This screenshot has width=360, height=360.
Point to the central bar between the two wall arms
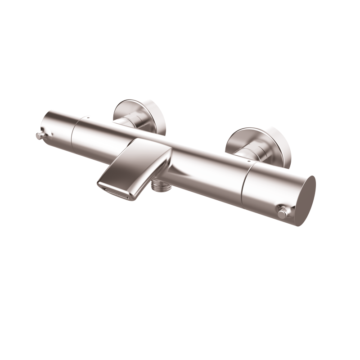193,153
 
